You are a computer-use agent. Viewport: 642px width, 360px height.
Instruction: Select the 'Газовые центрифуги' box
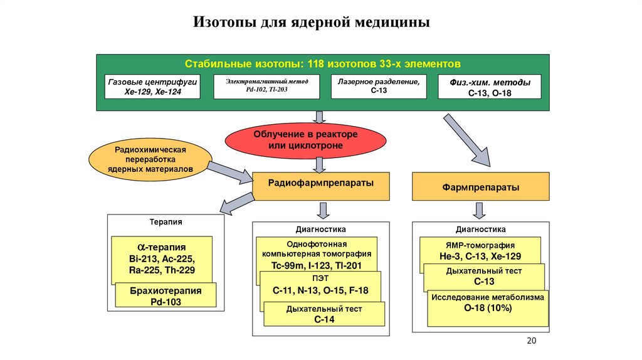click(x=152, y=87)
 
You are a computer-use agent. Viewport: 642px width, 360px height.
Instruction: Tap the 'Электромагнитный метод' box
click(x=266, y=87)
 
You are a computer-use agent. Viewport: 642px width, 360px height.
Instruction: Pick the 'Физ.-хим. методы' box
click(x=490, y=87)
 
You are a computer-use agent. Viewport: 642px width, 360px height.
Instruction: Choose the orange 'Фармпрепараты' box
click(x=481, y=187)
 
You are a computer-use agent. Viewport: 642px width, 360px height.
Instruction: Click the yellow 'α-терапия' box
click(x=162, y=258)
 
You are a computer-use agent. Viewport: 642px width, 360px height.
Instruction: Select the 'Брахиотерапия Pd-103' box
click(x=166, y=295)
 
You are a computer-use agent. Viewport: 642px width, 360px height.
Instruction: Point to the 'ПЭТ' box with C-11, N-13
click(x=320, y=287)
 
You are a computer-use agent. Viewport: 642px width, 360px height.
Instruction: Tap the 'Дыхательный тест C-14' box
click(x=324, y=314)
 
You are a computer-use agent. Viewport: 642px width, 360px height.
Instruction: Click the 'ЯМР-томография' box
click(x=480, y=250)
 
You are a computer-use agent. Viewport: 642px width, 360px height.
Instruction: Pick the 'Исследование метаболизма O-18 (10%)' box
click(x=488, y=308)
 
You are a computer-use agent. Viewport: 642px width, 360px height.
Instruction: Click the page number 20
click(x=532, y=341)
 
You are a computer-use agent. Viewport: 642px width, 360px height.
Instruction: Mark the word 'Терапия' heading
click(x=166, y=222)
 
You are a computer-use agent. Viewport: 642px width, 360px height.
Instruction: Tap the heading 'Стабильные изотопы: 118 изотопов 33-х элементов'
click(x=323, y=64)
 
